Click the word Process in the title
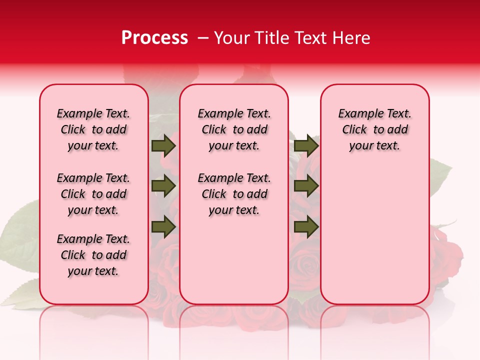tap(154, 38)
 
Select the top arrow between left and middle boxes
tap(163, 145)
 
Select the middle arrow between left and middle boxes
tap(163, 186)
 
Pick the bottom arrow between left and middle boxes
tap(163, 227)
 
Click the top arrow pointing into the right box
tap(306, 145)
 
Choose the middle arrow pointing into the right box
tap(306, 186)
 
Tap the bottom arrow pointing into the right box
tap(306, 227)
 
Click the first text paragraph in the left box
tap(93, 129)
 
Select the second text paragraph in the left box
tap(93, 194)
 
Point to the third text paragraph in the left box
tap(93, 255)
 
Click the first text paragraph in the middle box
tap(234, 129)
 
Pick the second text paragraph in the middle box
tap(234, 194)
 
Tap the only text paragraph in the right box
tap(374, 129)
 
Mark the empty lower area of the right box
tap(374, 235)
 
